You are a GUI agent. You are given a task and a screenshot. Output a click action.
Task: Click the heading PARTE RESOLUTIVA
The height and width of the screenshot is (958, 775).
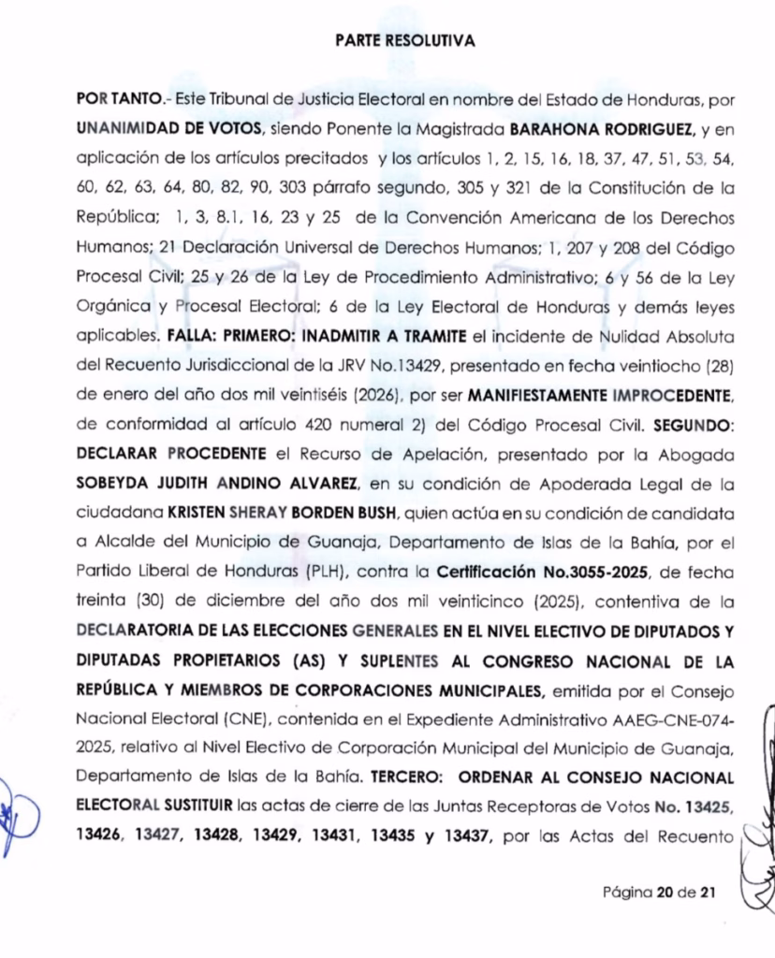click(x=404, y=41)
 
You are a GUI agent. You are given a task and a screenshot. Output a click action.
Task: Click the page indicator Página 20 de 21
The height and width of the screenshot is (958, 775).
click(x=661, y=892)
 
